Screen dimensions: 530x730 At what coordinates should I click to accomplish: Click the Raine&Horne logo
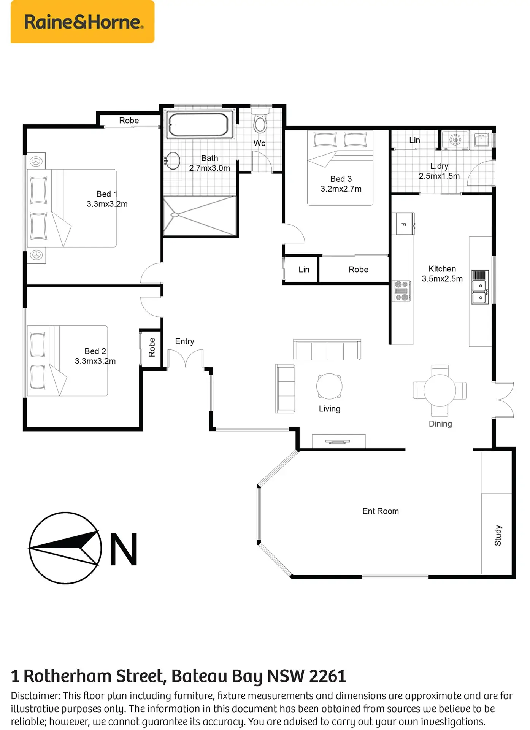(x=83, y=22)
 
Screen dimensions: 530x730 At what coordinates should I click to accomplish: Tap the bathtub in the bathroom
(x=198, y=124)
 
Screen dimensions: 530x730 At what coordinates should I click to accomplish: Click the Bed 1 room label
(x=107, y=194)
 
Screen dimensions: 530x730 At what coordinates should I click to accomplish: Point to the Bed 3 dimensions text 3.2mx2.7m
(x=341, y=189)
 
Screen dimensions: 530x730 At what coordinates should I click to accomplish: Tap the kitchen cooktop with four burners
(x=401, y=291)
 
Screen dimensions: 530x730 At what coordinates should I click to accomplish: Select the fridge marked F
(x=405, y=224)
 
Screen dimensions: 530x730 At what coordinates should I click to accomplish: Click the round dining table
(x=440, y=390)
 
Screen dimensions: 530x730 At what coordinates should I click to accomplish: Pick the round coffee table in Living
(x=329, y=386)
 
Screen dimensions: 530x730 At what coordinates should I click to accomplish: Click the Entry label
(x=185, y=341)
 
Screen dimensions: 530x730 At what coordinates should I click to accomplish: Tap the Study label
(x=498, y=535)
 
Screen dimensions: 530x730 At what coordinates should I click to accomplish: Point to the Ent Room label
(x=381, y=511)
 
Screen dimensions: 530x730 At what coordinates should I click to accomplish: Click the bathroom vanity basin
(x=173, y=161)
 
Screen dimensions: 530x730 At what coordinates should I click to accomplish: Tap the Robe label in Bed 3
(x=359, y=270)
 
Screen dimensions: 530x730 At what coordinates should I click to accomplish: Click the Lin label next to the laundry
(x=414, y=140)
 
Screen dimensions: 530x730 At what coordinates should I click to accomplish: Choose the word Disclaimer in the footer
(x=35, y=696)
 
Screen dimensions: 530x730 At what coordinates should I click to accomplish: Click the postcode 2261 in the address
(x=327, y=676)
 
